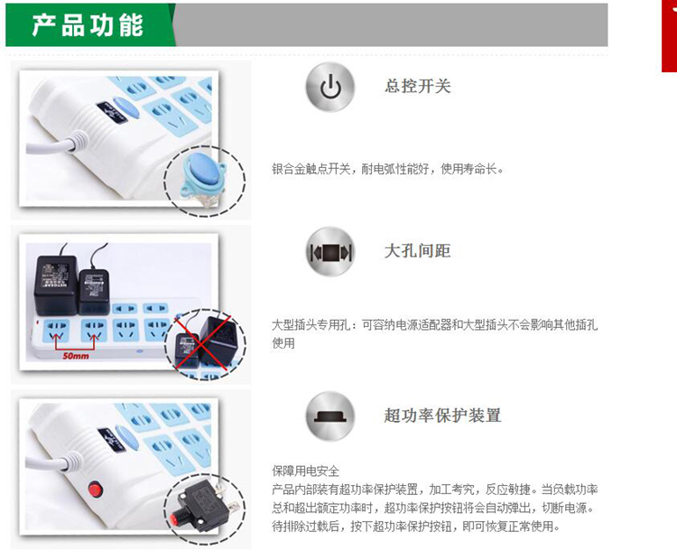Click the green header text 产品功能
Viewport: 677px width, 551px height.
88,24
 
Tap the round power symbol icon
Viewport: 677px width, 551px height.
330,87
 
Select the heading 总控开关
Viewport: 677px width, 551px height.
418,86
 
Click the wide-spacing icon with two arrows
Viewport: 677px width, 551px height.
330,251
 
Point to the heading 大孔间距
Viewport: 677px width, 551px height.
418,250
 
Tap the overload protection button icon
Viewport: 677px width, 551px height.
330,416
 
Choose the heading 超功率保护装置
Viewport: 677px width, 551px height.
442,416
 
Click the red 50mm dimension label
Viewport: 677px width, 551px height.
76,356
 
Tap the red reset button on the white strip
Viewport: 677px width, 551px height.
96,490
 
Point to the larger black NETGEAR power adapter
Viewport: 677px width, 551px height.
56,285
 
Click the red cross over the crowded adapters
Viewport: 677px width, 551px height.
203,341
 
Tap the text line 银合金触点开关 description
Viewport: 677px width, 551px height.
387,169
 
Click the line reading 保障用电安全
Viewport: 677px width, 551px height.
306,471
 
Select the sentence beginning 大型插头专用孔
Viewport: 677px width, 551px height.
434,333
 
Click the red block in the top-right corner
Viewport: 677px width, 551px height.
669,36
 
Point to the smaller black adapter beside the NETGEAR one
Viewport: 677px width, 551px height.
94,291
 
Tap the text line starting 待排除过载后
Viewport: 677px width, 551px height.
416,527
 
